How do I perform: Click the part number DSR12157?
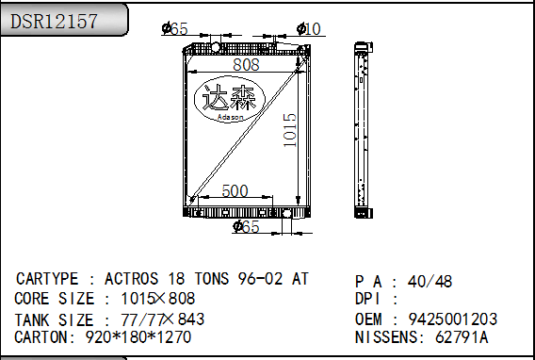pyautogui.click(x=55, y=21)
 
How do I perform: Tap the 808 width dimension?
pyautogui.click(x=246, y=64)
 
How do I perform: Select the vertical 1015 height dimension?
pyautogui.click(x=290, y=130)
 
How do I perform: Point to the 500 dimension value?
pyautogui.click(x=235, y=190)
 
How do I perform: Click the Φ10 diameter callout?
pyautogui.click(x=309, y=29)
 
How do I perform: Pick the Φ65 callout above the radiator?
pyautogui.click(x=174, y=28)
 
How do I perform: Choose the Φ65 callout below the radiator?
pyautogui.click(x=246, y=226)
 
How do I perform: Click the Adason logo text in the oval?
pyautogui.click(x=231, y=118)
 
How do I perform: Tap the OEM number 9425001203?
pyautogui.click(x=453, y=319)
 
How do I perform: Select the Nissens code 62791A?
pyautogui.click(x=462, y=337)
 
